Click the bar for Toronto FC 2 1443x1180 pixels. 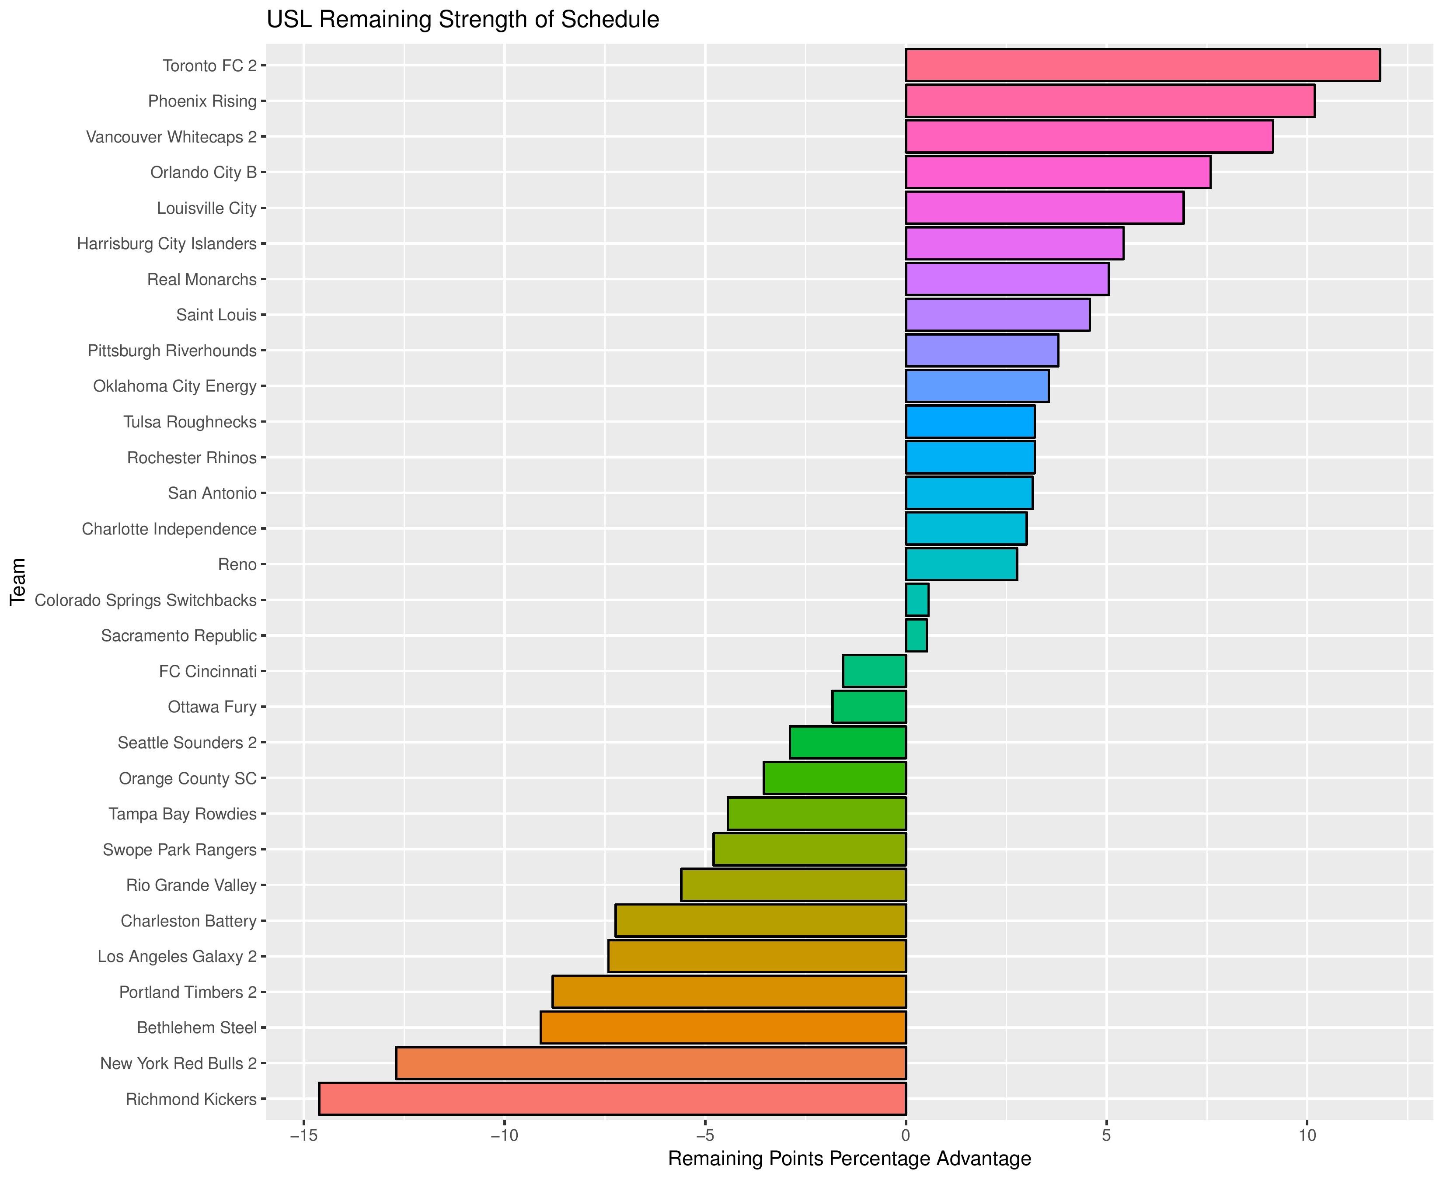tap(1143, 65)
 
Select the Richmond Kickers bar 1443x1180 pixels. tap(612, 1099)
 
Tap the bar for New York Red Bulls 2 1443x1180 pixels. tap(651, 1063)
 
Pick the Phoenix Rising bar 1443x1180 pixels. tap(1110, 101)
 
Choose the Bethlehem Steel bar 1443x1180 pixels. tap(723, 1028)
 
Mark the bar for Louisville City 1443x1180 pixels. tap(1045, 208)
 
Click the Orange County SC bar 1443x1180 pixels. tap(835, 778)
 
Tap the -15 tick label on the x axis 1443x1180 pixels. tap(303, 1136)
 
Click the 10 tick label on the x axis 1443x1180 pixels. tap(1306, 1136)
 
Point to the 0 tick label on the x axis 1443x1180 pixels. tap(906, 1136)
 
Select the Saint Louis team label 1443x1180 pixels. tap(216, 315)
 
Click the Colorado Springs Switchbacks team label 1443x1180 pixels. tap(146, 600)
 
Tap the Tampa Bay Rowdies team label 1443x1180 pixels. tap(182, 814)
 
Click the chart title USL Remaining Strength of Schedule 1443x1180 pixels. tap(462, 20)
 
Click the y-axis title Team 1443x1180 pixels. tap(18, 581)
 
